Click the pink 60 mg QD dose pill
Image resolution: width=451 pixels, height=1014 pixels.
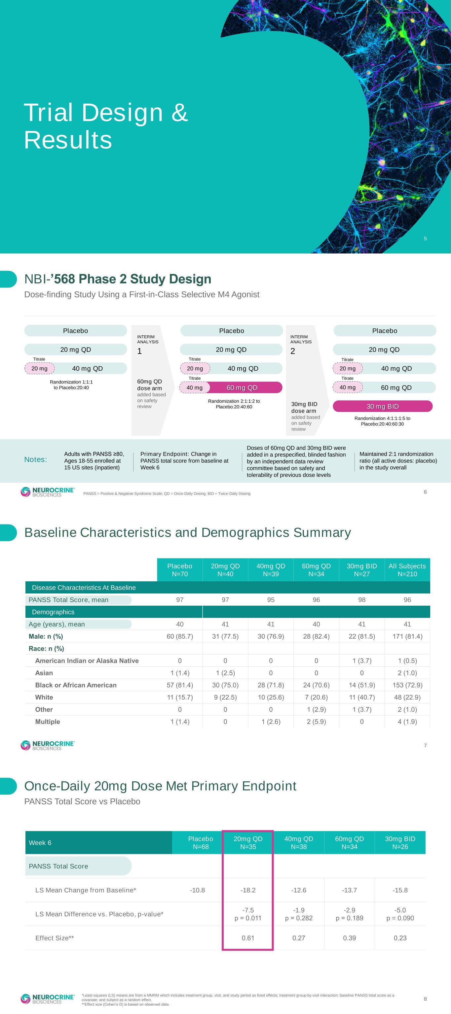click(x=242, y=387)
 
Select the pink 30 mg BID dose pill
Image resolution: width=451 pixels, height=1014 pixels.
click(x=383, y=406)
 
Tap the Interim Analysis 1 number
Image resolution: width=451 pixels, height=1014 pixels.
click(x=139, y=351)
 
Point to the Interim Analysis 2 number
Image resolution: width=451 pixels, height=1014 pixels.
click(x=293, y=351)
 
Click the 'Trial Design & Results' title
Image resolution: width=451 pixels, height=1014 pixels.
click(x=105, y=126)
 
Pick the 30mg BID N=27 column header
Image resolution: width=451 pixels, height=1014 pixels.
click(x=361, y=570)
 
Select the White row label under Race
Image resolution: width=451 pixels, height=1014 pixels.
click(x=44, y=697)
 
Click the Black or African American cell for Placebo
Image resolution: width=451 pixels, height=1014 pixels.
click(x=180, y=685)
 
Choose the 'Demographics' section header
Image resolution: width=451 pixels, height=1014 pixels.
click(x=53, y=612)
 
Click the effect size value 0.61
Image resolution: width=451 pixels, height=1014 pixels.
click(x=248, y=938)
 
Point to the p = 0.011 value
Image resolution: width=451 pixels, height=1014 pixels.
click(x=248, y=918)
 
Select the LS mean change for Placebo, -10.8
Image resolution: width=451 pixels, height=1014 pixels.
click(x=197, y=890)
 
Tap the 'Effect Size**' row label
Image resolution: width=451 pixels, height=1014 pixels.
click(x=55, y=938)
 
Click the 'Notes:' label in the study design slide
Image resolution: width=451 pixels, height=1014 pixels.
click(x=35, y=459)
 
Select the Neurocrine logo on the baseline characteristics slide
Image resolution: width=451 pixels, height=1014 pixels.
click(x=47, y=745)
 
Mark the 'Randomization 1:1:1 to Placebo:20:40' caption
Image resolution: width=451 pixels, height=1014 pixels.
click(x=71, y=385)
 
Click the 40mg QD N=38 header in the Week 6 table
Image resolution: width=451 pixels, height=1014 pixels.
click(x=299, y=843)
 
